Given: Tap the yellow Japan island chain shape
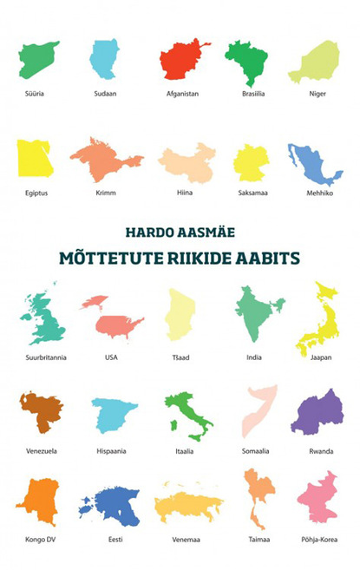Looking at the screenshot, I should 314,321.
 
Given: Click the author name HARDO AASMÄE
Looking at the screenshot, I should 180,233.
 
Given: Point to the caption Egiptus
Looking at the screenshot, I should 36,193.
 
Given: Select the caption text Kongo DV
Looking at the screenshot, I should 36,540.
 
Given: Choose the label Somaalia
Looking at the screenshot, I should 259,451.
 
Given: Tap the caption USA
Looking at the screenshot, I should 111,357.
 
